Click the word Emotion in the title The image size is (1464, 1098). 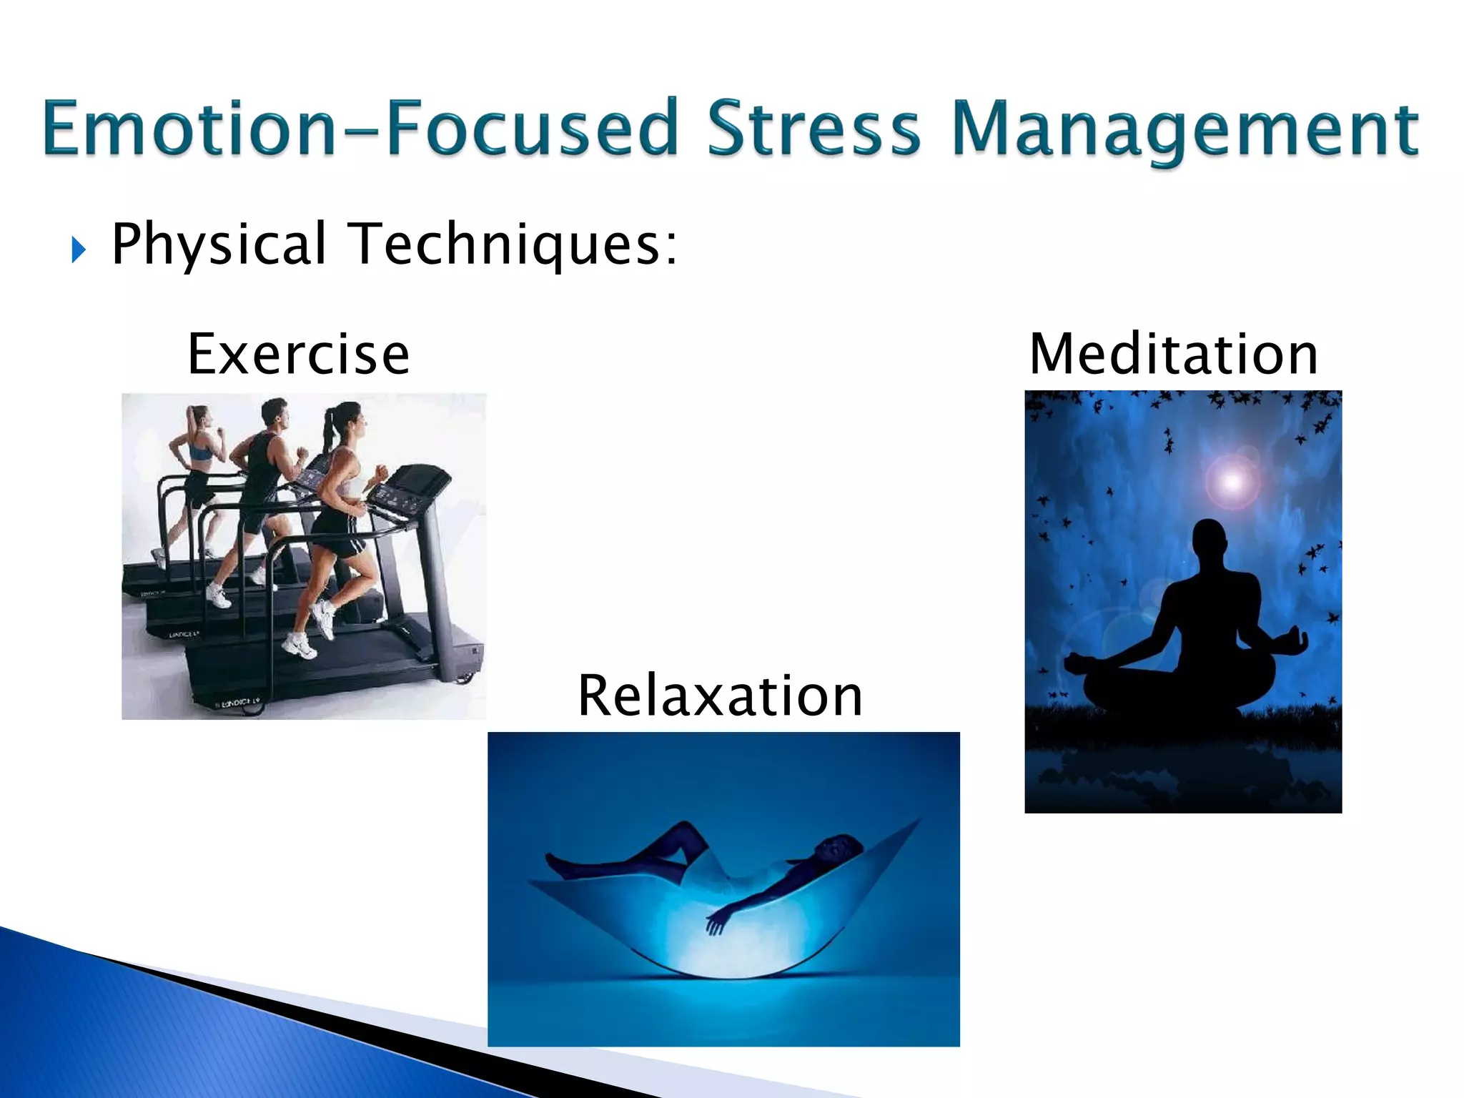point(189,129)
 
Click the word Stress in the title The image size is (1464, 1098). point(813,129)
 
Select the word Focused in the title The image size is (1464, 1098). point(533,129)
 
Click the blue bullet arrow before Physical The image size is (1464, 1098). point(79,250)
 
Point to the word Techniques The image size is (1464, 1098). point(515,244)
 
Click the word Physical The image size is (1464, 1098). point(219,244)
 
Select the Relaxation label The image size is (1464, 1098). point(721,696)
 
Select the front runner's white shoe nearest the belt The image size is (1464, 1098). point(300,647)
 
